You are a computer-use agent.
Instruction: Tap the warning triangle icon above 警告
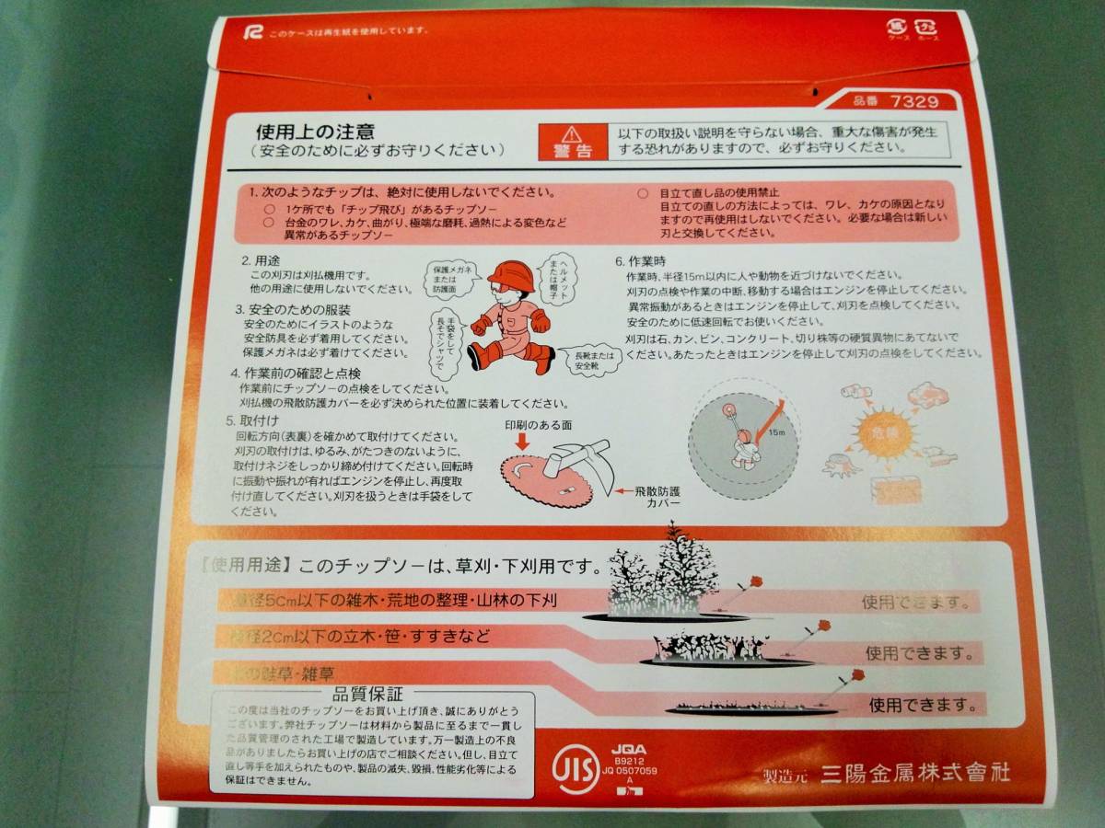click(x=573, y=133)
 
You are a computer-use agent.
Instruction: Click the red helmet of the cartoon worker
click(x=510, y=273)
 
